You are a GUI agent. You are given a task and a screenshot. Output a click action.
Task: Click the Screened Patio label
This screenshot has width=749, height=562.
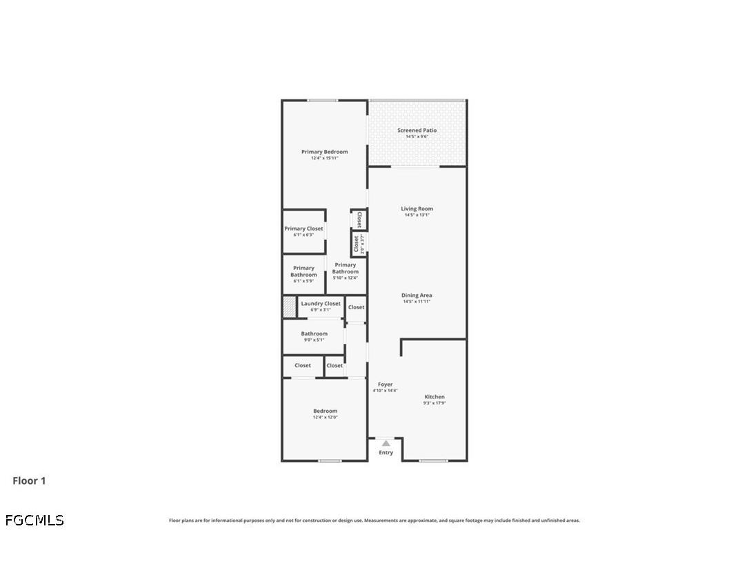417,130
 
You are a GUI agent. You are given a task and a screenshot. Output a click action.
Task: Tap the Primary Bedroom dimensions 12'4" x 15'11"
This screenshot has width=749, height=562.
324,158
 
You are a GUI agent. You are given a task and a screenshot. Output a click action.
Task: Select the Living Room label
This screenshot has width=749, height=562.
417,209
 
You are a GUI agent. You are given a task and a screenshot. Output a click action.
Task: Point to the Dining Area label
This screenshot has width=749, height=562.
417,295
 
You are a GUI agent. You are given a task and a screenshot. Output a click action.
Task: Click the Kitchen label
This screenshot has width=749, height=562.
435,396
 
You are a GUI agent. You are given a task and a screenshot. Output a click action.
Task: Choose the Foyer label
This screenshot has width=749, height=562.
385,385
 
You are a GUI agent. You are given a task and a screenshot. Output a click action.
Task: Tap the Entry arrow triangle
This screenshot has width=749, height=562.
386,443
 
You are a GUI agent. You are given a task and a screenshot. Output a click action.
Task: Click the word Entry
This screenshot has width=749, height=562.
386,453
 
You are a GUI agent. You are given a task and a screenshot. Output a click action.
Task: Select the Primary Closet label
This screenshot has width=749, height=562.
303,229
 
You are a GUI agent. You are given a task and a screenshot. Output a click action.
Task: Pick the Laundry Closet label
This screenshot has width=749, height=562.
321,304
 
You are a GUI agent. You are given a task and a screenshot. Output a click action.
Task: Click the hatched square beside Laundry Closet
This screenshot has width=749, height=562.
290,307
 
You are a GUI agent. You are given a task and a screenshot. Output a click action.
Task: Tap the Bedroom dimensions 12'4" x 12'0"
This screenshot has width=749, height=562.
325,417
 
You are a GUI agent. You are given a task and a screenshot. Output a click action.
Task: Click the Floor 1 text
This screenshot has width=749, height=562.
29,481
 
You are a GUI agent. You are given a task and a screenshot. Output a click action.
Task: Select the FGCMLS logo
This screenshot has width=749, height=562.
34,520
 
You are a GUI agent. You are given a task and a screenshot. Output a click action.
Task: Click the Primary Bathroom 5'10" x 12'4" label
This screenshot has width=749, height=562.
346,268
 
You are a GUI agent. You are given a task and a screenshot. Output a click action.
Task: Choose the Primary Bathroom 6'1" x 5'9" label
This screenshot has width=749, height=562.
303,271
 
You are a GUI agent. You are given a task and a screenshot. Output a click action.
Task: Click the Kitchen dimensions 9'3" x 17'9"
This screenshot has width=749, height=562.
435,403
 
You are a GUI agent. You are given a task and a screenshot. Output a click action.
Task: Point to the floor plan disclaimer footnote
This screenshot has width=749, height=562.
374,521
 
